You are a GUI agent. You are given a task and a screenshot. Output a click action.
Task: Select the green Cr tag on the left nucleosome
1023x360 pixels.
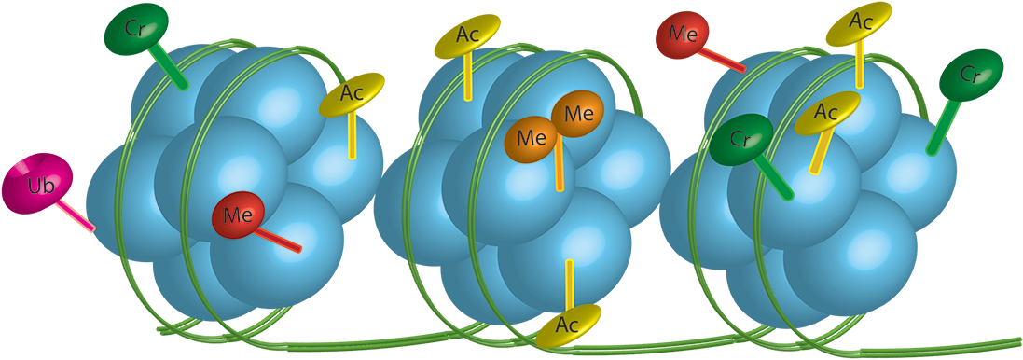pyautogui.click(x=136, y=28)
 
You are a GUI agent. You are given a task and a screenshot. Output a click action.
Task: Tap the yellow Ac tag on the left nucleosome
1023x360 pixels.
pyautogui.click(x=352, y=93)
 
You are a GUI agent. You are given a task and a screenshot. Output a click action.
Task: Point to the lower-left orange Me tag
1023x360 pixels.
pyautogui.click(x=532, y=139)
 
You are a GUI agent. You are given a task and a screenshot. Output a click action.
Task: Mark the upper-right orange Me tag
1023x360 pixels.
pyautogui.click(x=578, y=115)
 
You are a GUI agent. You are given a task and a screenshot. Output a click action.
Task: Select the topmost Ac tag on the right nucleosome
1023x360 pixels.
pyautogui.click(x=859, y=21)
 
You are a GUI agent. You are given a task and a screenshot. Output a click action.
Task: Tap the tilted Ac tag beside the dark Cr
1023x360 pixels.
pyautogui.click(x=827, y=113)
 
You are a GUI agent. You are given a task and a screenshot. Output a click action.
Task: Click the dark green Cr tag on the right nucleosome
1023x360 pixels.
pyautogui.click(x=741, y=140)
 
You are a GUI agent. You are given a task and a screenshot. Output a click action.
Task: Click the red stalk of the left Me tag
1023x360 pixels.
pyautogui.click(x=279, y=239)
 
